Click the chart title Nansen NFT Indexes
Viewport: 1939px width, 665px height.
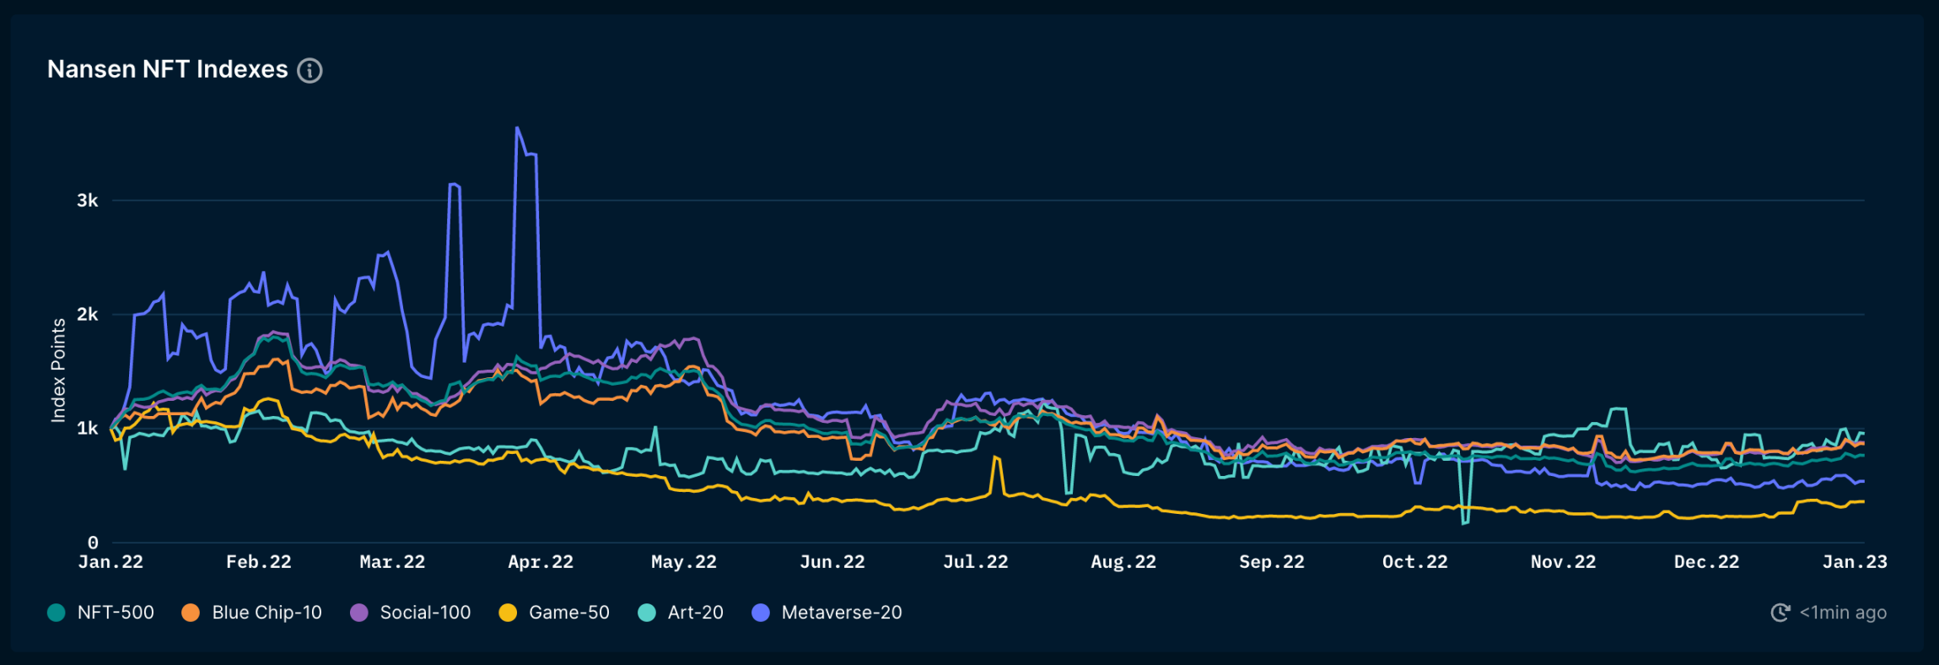167,69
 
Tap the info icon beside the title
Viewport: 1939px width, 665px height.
310,71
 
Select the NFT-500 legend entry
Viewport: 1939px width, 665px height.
101,613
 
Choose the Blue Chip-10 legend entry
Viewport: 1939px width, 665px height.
252,613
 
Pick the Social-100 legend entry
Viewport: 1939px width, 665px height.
411,613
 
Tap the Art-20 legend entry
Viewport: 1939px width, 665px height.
681,613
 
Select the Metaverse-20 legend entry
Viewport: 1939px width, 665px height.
827,613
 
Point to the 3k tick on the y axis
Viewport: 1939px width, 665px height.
88,201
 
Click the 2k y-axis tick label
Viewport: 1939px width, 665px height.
88,315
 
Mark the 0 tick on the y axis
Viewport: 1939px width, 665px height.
93,543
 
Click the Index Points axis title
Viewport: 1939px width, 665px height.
58,370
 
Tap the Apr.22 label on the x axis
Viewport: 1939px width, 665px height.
540,562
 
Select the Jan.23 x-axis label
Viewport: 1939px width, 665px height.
1855,562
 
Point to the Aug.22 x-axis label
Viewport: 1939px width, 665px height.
1123,562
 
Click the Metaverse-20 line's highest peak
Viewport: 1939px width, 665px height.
517,128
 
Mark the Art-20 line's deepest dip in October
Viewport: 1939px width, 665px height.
1464,523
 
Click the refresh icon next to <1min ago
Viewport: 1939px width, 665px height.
1780,613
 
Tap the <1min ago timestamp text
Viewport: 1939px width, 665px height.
1843,613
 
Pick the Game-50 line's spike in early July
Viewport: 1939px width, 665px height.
996,457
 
